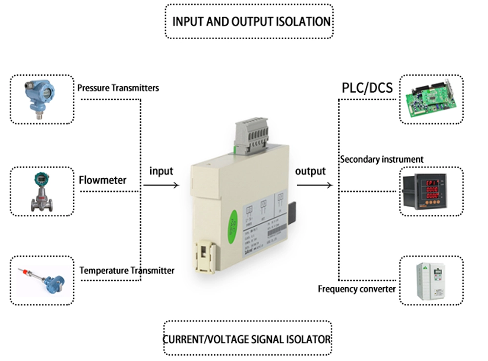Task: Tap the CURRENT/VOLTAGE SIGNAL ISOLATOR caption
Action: (247, 339)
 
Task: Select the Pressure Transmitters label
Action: (118, 88)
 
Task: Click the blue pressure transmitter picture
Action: (41, 99)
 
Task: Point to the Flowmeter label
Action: (102, 180)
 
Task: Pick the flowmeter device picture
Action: (42, 191)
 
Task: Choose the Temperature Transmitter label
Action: (127, 270)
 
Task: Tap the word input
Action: (161, 171)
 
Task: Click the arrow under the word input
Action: (161, 185)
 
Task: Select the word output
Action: (310, 171)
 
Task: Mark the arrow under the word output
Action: (315, 185)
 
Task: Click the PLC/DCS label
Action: (366, 89)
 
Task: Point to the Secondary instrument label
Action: (382, 159)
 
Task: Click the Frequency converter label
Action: (357, 289)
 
